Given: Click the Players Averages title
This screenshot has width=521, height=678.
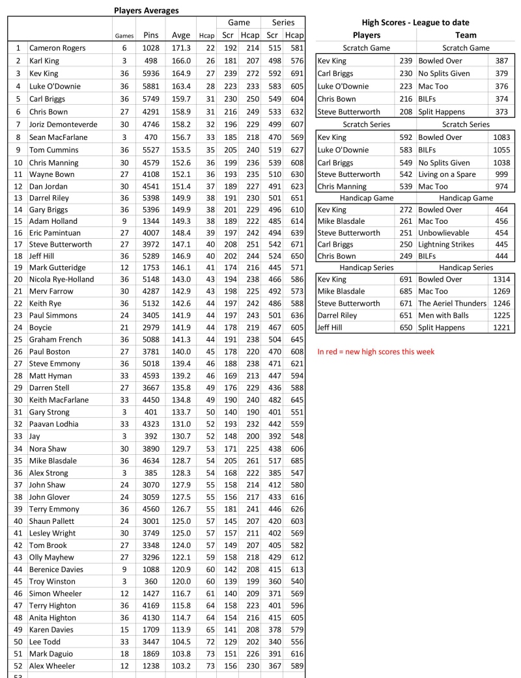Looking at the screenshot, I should (146, 10).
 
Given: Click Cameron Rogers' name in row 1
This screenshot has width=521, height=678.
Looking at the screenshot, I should (57, 48).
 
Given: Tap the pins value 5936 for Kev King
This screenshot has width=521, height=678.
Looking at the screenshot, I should (150, 72).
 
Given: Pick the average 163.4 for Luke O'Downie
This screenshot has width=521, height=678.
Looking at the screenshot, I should (180, 85).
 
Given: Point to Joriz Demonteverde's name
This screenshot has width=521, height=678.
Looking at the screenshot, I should (68, 121).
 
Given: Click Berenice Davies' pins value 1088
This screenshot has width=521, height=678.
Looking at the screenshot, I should (150, 569).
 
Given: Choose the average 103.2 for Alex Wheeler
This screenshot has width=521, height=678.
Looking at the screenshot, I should (180, 666).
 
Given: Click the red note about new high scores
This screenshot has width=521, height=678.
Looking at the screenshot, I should (376, 352).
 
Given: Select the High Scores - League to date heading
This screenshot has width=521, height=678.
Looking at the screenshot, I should (415, 23).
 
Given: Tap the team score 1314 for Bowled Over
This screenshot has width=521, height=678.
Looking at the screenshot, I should (501, 279).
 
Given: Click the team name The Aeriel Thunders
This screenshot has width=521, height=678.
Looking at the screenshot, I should (452, 303).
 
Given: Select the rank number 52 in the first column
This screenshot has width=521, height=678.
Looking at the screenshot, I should (18, 666).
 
